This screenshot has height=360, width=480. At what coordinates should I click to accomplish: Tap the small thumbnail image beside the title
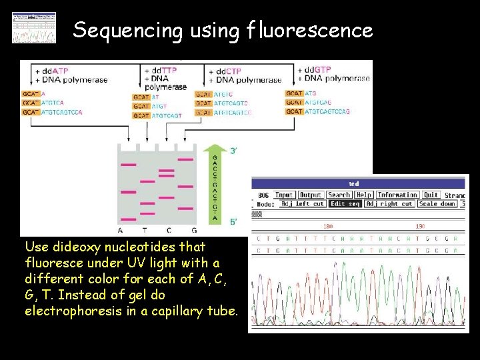pyautogui.click(x=34, y=27)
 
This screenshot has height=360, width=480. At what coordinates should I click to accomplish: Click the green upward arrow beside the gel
pyautogui.click(x=215, y=180)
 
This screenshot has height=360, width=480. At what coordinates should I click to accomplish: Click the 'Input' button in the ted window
pyautogui.click(x=284, y=195)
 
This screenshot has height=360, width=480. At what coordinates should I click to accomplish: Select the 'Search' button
pyautogui.click(x=339, y=195)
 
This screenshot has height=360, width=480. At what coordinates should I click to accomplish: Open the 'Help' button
pyautogui.click(x=364, y=195)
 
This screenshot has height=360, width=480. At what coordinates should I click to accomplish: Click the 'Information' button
pyautogui.click(x=397, y=195)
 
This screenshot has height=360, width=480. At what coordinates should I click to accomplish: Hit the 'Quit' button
pyautogui.click(x=431, y=195)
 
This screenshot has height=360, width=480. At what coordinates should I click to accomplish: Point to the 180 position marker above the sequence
pyautogui.click(x=327, y=225)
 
